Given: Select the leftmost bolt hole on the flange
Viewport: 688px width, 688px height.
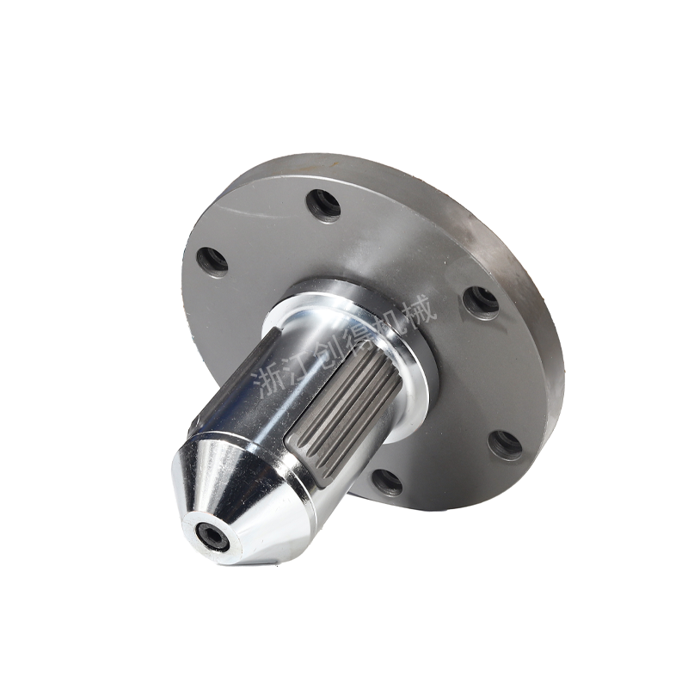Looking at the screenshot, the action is (212, 261).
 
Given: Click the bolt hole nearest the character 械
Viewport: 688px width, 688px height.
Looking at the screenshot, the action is (482, 304).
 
